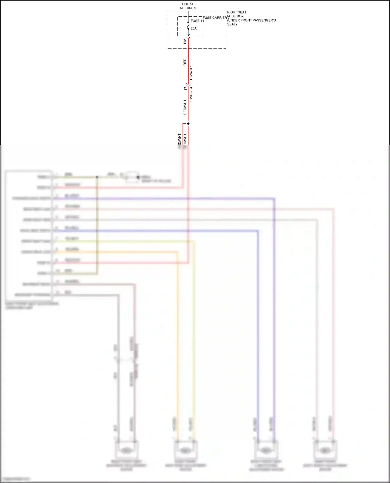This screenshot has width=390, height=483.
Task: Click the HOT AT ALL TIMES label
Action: pos(188,6)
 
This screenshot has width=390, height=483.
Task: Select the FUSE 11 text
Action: pos(197,21)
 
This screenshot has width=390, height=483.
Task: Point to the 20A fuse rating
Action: pos(194,28)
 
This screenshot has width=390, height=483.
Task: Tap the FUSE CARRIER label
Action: pos(215,18)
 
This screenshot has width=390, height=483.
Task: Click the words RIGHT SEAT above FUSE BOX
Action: pos(237,12)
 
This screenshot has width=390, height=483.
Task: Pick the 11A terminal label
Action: pos(185,42)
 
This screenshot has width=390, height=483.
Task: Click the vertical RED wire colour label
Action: pos(185,62)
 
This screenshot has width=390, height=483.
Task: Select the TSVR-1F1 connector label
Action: pos(191,73)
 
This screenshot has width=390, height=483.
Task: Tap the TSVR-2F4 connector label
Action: pos(191,94)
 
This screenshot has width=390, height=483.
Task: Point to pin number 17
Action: pos(185,88)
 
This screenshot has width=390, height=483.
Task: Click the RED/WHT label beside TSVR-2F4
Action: pos(185,107)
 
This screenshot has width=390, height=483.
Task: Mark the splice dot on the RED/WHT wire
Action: pos(188,124)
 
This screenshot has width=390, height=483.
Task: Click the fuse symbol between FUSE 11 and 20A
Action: pos(188,25)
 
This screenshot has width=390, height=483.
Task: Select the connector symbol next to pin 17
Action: pos(188,85)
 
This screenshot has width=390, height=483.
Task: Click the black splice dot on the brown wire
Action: pos(97,177)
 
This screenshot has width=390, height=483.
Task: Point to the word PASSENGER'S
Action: pos(265,20)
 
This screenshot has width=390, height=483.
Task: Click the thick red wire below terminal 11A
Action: pos(188,60)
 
